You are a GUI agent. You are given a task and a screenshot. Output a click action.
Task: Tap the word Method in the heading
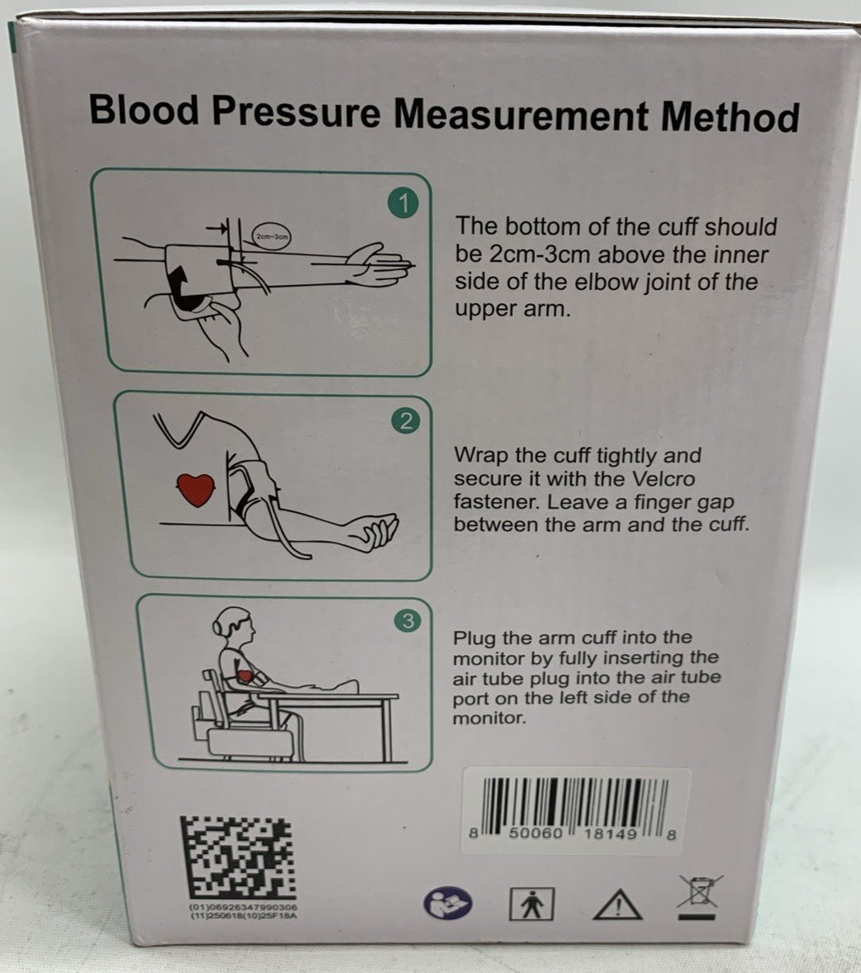click(x=730, y=116)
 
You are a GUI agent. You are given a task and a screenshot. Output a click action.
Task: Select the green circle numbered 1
click(x=403, y=202)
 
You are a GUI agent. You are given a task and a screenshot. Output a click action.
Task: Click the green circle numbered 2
click(x=406, y=422)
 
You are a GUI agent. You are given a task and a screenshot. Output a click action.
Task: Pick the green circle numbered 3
click(x=407, y=621)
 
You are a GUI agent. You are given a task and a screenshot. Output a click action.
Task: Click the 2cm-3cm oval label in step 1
click(x=272, y=236)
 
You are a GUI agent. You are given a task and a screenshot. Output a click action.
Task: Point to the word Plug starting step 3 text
click(x=473, y=638)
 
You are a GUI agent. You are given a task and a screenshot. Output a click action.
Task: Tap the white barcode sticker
click(x=575, y=809)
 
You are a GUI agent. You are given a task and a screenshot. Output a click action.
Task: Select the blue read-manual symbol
click(x=448, y=904)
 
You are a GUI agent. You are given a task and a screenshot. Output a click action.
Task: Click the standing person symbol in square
click(x=530, y=904)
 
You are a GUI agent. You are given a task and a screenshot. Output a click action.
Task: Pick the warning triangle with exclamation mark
click(x=617, y=904)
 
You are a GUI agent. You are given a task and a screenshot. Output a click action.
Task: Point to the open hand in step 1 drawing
click(x=381, y=263)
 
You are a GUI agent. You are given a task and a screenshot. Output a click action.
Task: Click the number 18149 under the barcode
click(x=610, y=835)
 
